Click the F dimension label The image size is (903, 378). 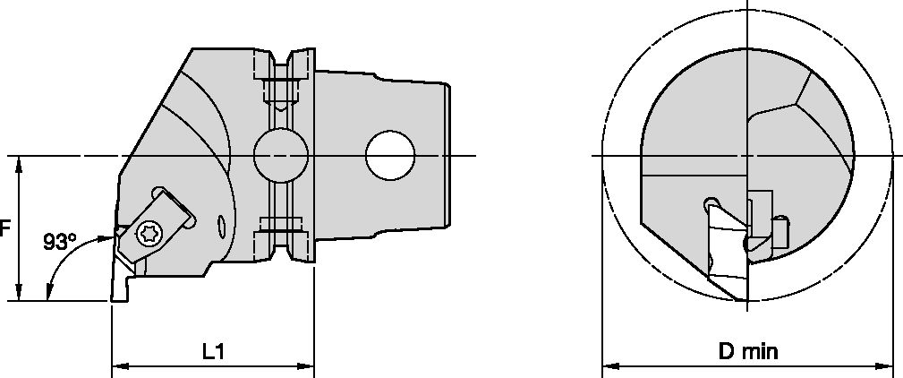click(4, 228)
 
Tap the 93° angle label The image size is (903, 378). click(60, 241)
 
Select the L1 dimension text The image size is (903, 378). click(212, 352)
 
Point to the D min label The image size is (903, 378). click(747, 352)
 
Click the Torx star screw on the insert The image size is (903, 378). click(149, 235)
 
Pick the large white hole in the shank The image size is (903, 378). click(390, 155)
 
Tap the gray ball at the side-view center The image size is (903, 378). click(278, 155)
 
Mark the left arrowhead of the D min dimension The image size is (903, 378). click(608, 365)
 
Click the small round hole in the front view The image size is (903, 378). click(711, 202)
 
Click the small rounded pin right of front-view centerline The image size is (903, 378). click(782, 232)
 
